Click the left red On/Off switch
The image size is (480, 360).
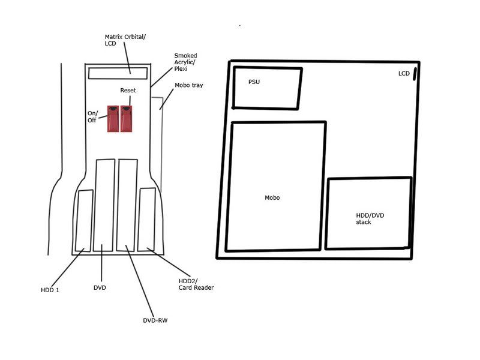pyautogui.click(x=113, y=119)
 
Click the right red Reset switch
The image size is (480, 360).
pyautogui.click(x=127, y=119)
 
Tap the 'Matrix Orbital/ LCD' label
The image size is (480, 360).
pyautogui.click(x=125, y=40)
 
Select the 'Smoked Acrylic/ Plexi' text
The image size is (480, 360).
pyautogui.click(x=185, y=62)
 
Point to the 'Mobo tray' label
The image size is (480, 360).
pyautogui.click(x=189, y=85)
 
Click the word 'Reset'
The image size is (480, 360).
pyautogui.click(x=128, y=91)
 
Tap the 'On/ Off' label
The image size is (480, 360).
pyautogui.click(x=92, y=116)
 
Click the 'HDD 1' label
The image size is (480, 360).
pyautogui.click(x=50, y=290)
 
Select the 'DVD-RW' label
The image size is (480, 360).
pyautogui.click(x=155, y=320)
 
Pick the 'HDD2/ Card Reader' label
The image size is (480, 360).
pyautogui.click(x=196, y=284)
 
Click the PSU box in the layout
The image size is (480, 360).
pyautogui.click(x=267, y=88)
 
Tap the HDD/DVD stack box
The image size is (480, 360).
pyautogui.click(x=368, y=213)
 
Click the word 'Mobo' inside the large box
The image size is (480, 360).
pyautogui.click(x=272, y=198)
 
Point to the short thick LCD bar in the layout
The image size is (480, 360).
pyautogui.click(x=415, y=74)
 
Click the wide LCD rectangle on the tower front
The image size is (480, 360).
pyautogui.click(x=118, y=73)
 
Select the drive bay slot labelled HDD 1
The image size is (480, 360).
pyautogui.click(x=84, y=221)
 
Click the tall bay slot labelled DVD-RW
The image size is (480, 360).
pyautogui.click(x=127, y=205)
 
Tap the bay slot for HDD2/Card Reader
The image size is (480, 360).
pyautogui.click(x=146, y=220)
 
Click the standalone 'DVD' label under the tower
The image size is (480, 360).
pyautogui.click(x=100, y=288)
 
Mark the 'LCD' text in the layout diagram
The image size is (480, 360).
pyautogui.click(x=404, y=73)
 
